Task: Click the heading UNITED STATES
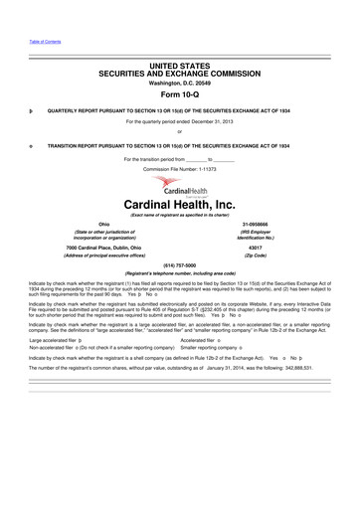(x=180, y=65)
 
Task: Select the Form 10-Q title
(x=180, y=95)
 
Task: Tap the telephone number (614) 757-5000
(x=180, y=266)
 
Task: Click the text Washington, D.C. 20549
(x=180, y=83)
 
